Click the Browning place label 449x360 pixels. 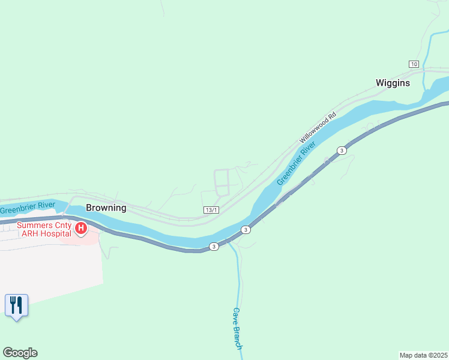pos(106,208)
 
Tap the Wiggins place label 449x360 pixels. pos(393,83)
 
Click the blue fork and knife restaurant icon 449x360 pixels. pos(16,305)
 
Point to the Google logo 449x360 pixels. pos(20,353)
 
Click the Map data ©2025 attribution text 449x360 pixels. pos(423,355)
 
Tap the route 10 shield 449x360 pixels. pos(414,64)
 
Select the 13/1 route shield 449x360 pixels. pos(211,210)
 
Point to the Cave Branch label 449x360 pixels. pos(237,328)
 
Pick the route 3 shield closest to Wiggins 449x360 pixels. pos(342,150)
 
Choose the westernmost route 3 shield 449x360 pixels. pos(213,247)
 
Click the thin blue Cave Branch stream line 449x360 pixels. pos(239,282)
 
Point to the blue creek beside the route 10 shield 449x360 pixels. pos(426,54)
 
